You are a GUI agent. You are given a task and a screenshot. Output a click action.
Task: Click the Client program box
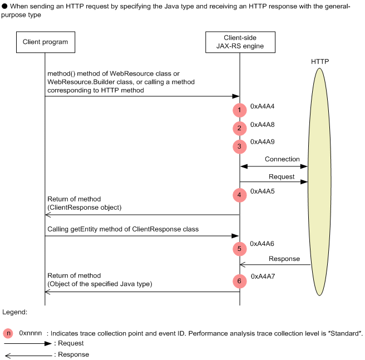(45, 42)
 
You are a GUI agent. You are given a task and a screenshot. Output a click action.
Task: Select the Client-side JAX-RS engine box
(239, 42)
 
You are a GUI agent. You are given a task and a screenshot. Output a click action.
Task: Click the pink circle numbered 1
(239, 110)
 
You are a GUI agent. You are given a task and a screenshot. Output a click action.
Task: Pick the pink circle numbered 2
(239, 129)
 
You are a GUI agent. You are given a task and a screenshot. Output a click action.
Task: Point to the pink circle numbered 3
(239, 146)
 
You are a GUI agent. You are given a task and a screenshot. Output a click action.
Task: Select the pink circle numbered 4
(239, 195)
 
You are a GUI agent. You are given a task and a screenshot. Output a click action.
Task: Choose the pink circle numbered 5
(239, 249)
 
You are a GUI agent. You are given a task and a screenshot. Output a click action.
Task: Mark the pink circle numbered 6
(239, 281)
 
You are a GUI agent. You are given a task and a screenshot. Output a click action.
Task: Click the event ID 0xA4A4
(263, 106)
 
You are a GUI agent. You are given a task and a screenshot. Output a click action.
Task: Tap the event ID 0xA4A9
(263, 142)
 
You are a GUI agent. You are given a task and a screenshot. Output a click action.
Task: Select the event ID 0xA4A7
(263, 276)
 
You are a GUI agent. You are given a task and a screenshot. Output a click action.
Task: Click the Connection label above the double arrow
(282, 159)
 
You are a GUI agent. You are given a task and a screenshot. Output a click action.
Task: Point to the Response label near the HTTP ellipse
(284, 259)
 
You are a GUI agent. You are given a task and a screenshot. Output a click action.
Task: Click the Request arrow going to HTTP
(273, 182)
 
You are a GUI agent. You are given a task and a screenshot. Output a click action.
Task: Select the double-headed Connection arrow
(273, 166)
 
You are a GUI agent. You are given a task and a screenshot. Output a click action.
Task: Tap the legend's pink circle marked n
(8, 333)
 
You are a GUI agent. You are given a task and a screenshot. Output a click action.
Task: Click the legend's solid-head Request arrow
(28, 344)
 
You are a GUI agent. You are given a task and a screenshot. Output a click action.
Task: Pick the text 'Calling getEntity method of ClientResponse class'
(123, 229)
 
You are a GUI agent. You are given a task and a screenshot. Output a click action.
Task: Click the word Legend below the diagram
(15, 313)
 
